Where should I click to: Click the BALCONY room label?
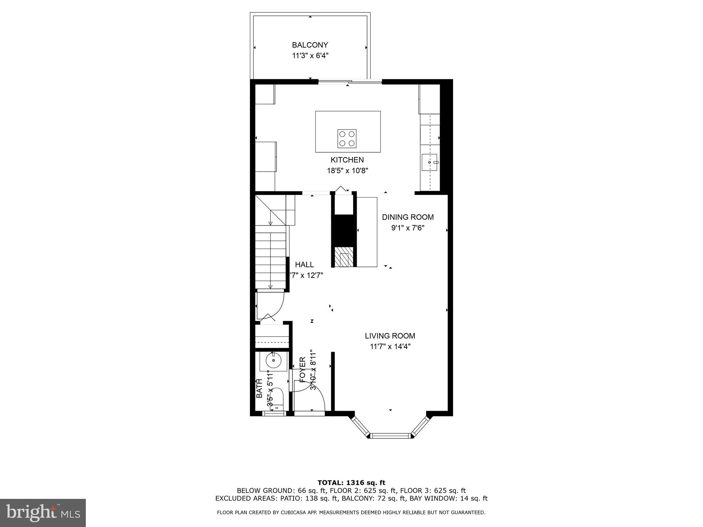(310, 45)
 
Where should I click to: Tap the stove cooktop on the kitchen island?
(347, 139)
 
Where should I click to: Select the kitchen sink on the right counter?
(430, 162)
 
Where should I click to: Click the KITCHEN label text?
(347, 160)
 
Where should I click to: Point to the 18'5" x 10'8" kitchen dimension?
(347, 171)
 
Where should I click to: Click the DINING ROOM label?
(407, 217)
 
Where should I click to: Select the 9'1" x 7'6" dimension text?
(408, 228)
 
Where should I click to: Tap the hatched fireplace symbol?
(344, 257)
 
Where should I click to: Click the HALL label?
(304, 265)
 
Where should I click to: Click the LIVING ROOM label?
(390, 336)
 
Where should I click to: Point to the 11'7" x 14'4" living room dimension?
(390, 347)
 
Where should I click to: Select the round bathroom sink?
(273, 361)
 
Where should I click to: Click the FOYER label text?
(302, 370)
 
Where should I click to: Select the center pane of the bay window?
(391, 436)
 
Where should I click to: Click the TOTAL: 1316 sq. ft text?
(351, 483)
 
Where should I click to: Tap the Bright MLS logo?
(43, 513)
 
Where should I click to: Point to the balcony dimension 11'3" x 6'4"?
(310, 56)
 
